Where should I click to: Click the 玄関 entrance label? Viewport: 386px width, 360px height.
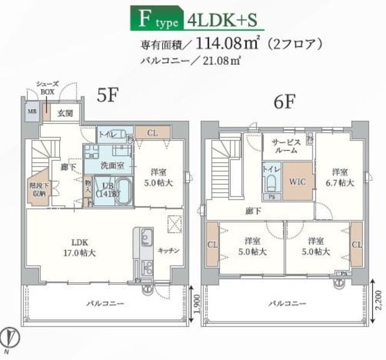point(66,113)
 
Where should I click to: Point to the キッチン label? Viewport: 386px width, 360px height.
point(168,250)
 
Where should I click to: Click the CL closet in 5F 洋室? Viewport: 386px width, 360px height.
point(152,133)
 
